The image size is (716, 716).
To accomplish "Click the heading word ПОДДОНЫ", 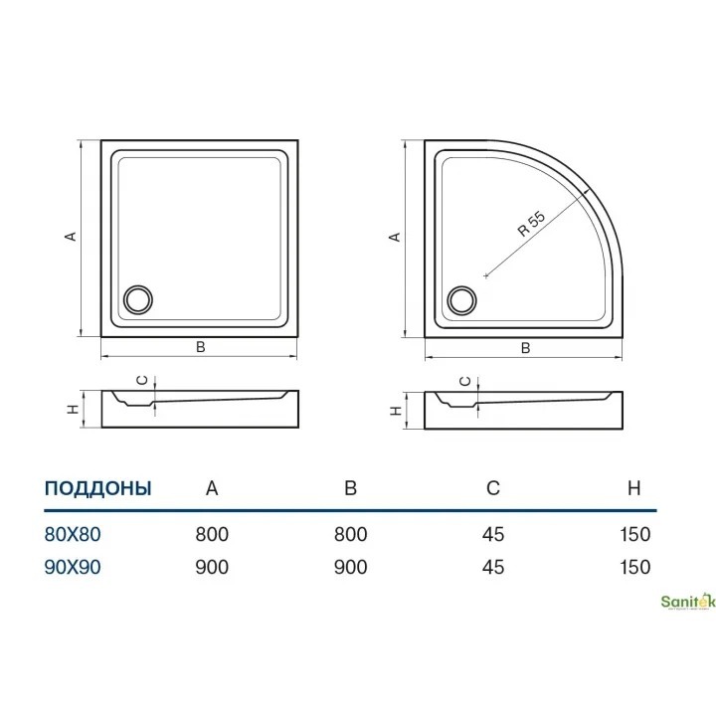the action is click(97, 488).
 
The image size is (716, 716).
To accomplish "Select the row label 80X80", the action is click(73, 534).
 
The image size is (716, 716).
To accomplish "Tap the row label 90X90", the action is click(73, 567).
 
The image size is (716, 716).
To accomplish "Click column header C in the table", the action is click(493, 488).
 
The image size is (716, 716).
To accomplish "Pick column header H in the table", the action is click(633, 488).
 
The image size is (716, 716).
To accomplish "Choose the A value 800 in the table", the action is click(212, 534).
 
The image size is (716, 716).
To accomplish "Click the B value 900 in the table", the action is click(351, 567).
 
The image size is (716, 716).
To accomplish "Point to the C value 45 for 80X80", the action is click(493, 534).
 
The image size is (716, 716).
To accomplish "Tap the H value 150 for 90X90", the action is click(635, 567).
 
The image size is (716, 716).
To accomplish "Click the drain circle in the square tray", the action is click(138, 299).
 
